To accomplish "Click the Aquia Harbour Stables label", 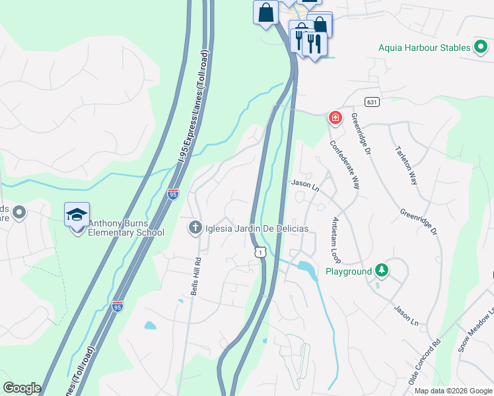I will [x=424, y=48].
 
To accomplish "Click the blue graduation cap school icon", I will [x=77, y=214].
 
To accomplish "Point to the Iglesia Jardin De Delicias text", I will [x=256, y=228].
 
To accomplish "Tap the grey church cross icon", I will [x=195, y=228].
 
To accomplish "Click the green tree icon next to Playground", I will [x=381, y=270].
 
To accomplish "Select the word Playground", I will [x=349, y=271].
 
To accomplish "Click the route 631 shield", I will [x=372, y=102].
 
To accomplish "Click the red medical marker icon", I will [x=335, y=118].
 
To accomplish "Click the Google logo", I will [x=22, y=388].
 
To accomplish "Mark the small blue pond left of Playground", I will [x=306, y=268].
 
